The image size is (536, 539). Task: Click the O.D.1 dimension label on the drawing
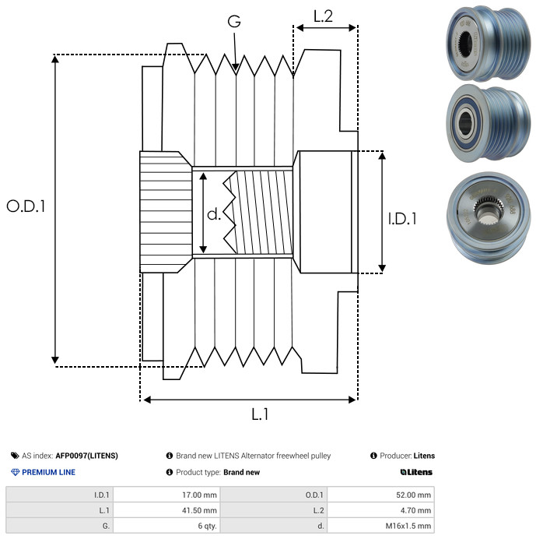pyautogui.click(x=26, y=206)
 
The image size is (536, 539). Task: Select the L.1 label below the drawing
pyautogui.click(x=260, y=414)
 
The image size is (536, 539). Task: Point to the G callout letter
pyautogui.click(x=234, y=21)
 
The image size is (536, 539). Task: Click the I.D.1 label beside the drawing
pyautogui.click(x=402, y=219)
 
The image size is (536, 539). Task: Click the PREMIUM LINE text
pyautogui.click(x=48, y=472)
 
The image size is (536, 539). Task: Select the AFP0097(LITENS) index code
pyautogui.click(x=86, y=456)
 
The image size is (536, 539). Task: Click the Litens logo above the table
pyautogui.click(x=416, y=472)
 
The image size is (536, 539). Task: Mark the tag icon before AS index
pyautogui.click(x=15, y=456)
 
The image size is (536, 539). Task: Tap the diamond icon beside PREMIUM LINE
pyautogui.click(x=15, y=472)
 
